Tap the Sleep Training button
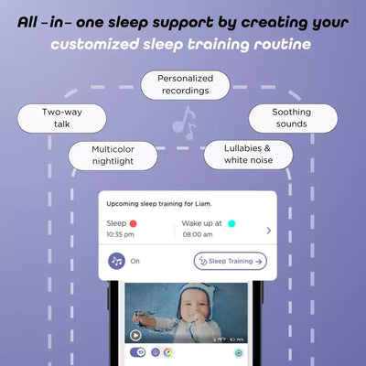pyautogui.click(x=230, y=261)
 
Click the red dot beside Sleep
pyautogui.click(x=133, y=222)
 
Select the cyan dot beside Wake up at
pyautogui.click(x=231, y=222)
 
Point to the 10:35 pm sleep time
pyautogui.click(x=121, y=234)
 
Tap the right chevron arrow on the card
pyautogui.click(x=268, y=230)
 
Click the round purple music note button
pyautogui.click(x=116, y=261)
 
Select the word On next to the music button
pyautogui.click(x=135, y=261)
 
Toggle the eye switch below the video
pyautogui.click(x=138, y=351)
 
